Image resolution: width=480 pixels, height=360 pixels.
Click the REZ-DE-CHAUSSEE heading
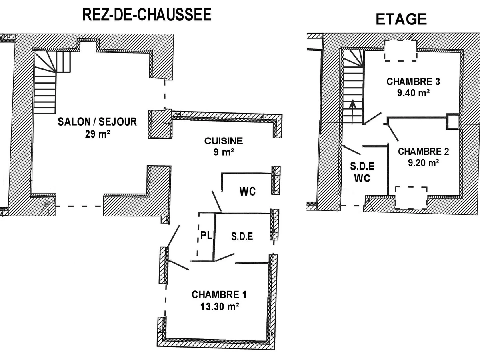click(146, 15)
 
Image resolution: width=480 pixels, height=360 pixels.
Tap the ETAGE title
click(401, 19)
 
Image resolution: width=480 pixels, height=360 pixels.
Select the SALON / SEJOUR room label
click(97, 122)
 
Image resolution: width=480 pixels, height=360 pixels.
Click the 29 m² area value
click(97, 134)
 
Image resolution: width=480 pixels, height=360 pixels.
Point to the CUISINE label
click(224, 141)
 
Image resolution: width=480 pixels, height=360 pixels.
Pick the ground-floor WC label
click(247, 192)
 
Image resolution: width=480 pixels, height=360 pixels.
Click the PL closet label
click(206, 236)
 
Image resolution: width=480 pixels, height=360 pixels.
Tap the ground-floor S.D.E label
click(242, 236)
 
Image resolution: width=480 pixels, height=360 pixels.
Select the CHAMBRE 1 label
click(219, 295)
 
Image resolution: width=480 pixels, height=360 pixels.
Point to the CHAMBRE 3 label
click(413, 82)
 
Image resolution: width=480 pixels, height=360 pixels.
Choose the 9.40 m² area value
click(413, 93)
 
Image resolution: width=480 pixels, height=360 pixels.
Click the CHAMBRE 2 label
click(424, 152)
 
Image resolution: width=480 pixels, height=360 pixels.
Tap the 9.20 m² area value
click(424, 163)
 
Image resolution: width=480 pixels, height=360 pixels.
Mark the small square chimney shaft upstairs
click(453, 121)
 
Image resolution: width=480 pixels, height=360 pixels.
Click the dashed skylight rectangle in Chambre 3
click(400, 51)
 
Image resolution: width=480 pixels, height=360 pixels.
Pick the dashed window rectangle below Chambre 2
click(411, 198)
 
